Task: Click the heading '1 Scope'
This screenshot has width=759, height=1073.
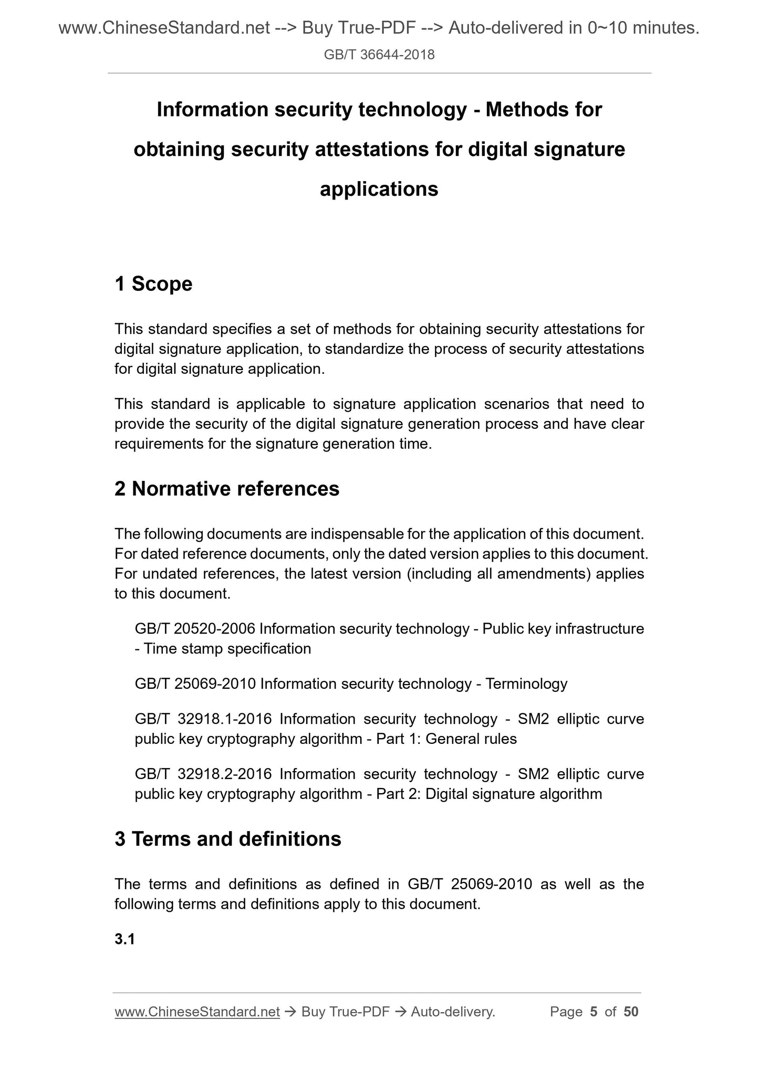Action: tap(153, 284)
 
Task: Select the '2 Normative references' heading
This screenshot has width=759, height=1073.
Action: tap(227, 489)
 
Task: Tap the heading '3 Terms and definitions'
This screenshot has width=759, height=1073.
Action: tap(227, 839)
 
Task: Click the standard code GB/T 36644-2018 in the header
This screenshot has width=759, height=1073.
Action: tap(379, 55)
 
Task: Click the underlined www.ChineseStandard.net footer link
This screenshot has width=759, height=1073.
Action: tap(196, 1012)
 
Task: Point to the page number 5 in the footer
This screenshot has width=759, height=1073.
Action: tap(594, 1012)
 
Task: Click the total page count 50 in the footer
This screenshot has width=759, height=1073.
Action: tap(631, 1012)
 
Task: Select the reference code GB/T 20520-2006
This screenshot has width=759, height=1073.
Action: tap(195, 628)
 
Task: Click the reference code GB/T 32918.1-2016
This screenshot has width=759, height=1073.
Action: tap(203, 719)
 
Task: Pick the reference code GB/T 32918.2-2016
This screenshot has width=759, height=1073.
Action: tap(203, 774)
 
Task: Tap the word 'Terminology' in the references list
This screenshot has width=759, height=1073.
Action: tap(526, 683)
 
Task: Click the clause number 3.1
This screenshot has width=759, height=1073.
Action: tap(124, 939)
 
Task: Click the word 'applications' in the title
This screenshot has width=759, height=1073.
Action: tap(379, 189)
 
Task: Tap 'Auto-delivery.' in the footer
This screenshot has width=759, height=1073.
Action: tap(453, 1012)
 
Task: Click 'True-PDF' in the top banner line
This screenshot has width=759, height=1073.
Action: tap(371, 28)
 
